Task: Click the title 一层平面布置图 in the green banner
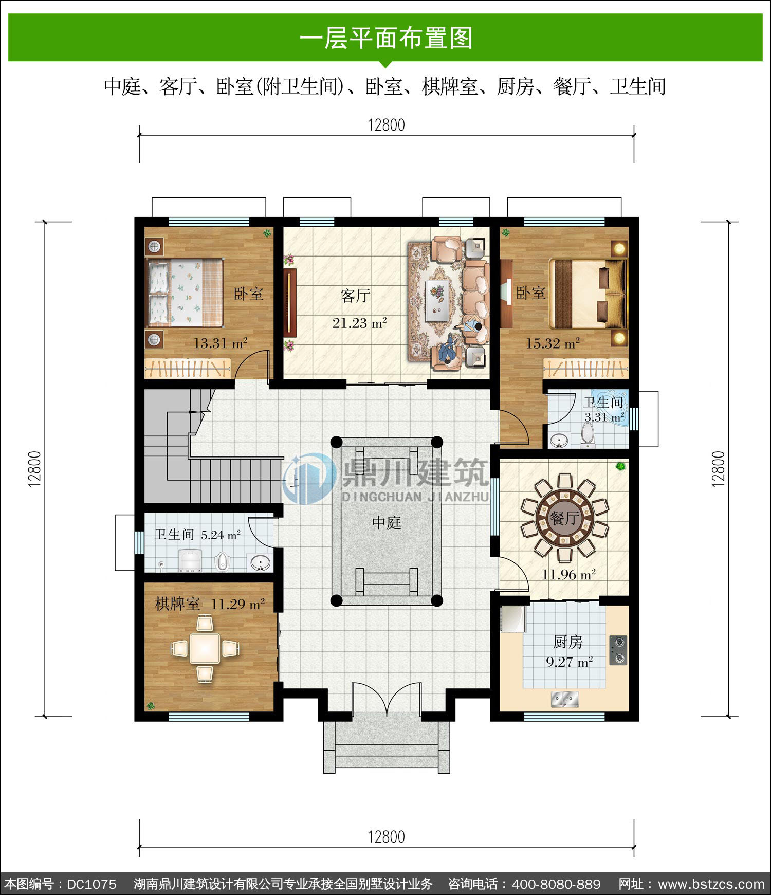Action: tap(386, 38)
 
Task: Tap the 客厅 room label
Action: tap(355, 296)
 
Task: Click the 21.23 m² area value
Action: tap(359, 323)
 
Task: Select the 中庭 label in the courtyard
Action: tap(387, 523)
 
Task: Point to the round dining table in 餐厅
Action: tap(564, 517)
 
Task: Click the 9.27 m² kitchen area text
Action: tap(569, 662)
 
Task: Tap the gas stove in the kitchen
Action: tap(618, 650)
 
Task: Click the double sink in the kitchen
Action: tap(565, 699)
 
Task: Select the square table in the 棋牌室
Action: tap(205, 648)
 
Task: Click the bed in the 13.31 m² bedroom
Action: tap(185, 292)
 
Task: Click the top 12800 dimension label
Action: tap(387, 125)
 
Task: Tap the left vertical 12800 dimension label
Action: tap(34, 469)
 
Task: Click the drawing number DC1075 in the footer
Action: tap(92, 884)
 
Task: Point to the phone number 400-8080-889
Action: tap(557, 884)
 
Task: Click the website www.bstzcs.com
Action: tap(711, 884)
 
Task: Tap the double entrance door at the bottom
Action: tap(386, 699)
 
